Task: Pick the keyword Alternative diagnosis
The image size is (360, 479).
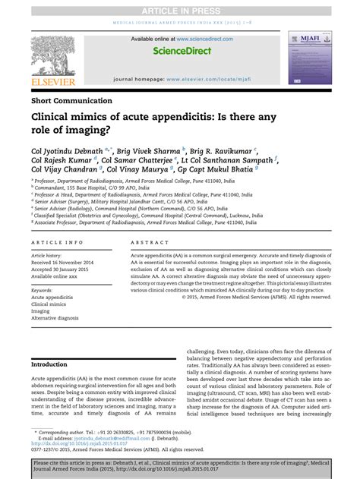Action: pyautogui.click(x=55, y=318)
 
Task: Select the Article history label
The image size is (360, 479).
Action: pyautogui.click(x=51, y=256)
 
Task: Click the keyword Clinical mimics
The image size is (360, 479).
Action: pyautogui.click(x=50, y=304)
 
